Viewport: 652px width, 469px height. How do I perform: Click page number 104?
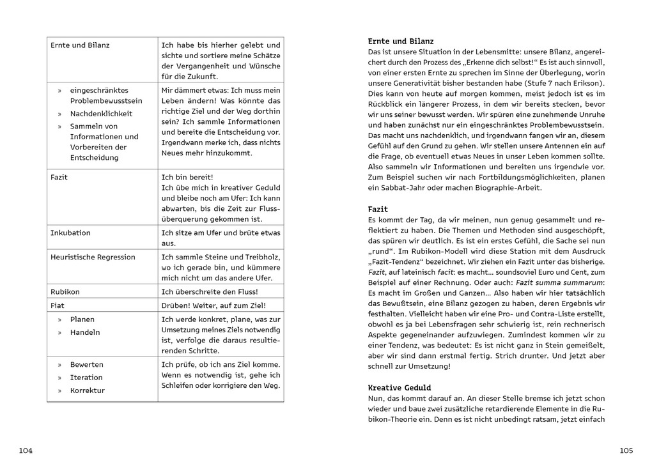26,450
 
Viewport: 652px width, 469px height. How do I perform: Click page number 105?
626,450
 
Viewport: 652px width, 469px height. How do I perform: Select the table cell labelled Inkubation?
70,233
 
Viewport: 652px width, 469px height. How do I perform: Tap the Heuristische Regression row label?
93,257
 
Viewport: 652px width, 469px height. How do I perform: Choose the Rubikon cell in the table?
66,291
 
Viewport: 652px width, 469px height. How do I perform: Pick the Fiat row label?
58,305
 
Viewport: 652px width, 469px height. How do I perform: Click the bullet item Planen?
82,319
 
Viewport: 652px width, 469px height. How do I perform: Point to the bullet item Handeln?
85,332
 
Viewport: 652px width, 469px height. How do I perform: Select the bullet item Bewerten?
87,364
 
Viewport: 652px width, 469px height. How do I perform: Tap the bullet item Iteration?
86,377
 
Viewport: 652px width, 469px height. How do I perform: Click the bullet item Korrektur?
88,390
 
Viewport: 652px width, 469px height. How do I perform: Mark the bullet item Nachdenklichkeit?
102,114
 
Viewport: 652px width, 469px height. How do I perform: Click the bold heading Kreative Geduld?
400,388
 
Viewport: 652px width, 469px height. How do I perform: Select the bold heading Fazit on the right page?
378,209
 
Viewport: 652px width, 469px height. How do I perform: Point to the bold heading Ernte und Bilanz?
401,41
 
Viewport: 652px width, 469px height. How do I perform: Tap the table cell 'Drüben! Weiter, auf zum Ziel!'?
213,305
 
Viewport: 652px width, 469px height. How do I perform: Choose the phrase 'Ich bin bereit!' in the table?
187,177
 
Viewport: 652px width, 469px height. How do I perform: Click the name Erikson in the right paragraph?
586,84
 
